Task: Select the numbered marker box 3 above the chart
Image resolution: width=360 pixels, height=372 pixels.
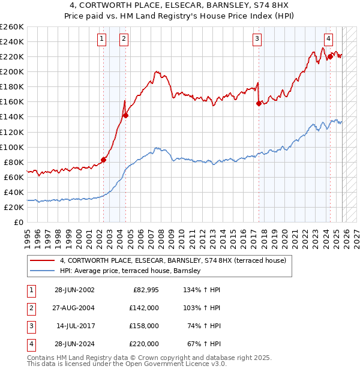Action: (x=257, y=40)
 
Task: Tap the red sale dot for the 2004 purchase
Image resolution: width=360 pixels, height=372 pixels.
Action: (x=125, y=115)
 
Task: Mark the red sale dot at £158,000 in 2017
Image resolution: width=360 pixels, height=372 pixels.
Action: (x=259, y=103)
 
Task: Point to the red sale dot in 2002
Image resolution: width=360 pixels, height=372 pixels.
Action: (x=103, y=160)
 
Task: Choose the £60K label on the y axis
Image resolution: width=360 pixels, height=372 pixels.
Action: (x=14, y=177)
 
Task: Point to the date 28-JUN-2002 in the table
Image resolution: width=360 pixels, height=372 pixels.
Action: (x=74, y=290)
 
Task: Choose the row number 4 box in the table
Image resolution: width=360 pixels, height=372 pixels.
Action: (x=30, y=344)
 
